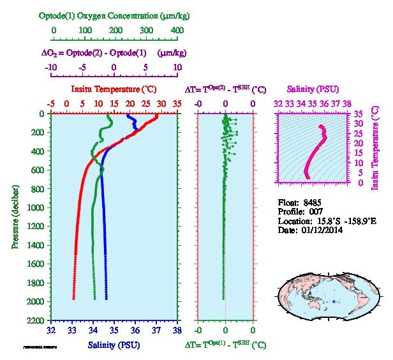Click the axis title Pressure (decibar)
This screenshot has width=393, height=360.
(x=13, y=217)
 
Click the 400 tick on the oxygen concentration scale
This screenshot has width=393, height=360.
(x=177, y=30)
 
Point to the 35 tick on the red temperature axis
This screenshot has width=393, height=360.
(x=177, y=103)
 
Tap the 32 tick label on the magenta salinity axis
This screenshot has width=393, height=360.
(x=278, y=102)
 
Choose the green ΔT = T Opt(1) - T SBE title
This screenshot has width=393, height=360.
(x=226, y=345)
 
